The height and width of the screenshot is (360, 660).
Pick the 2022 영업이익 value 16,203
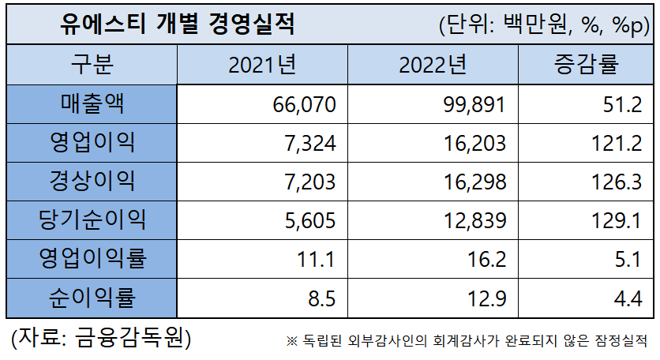(x=472, y=144)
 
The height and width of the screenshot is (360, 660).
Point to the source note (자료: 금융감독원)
(x=100, y=337)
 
